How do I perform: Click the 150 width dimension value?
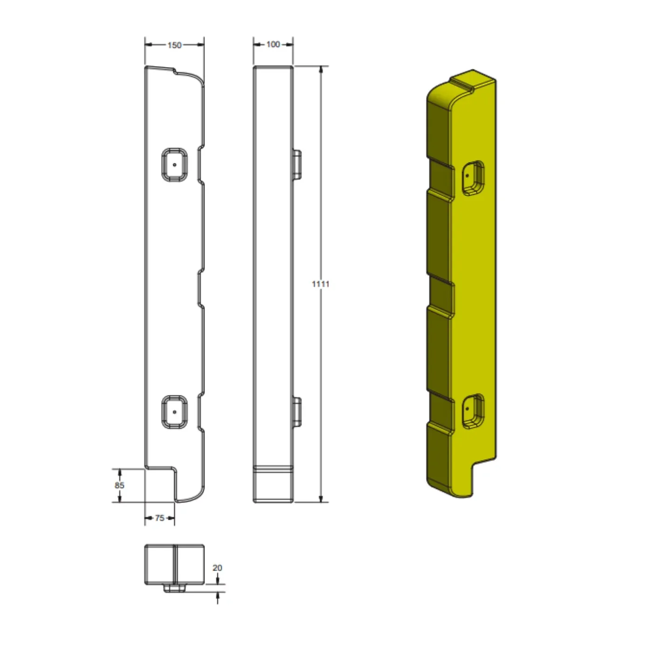(x=174, y=45)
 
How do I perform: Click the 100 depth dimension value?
(x=273, y=44)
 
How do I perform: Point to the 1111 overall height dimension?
(x=320, y=284)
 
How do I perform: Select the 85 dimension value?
(x=119, y=485)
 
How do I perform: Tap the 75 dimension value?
(x=160, y=518)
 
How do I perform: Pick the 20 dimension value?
(x=217, y=568)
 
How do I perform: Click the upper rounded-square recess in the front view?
(x=175, y=165)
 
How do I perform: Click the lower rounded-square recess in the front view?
(x=175, y=412)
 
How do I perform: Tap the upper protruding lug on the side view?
(x=297, y=164)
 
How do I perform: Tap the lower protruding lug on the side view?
(x=297, y=412)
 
